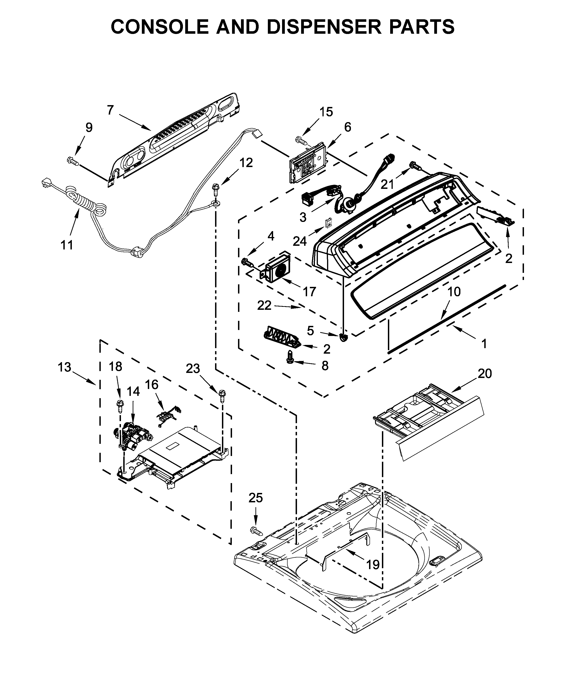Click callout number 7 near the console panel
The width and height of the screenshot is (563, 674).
point(110,110)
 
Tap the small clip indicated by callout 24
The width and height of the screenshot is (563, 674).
point(329,222)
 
